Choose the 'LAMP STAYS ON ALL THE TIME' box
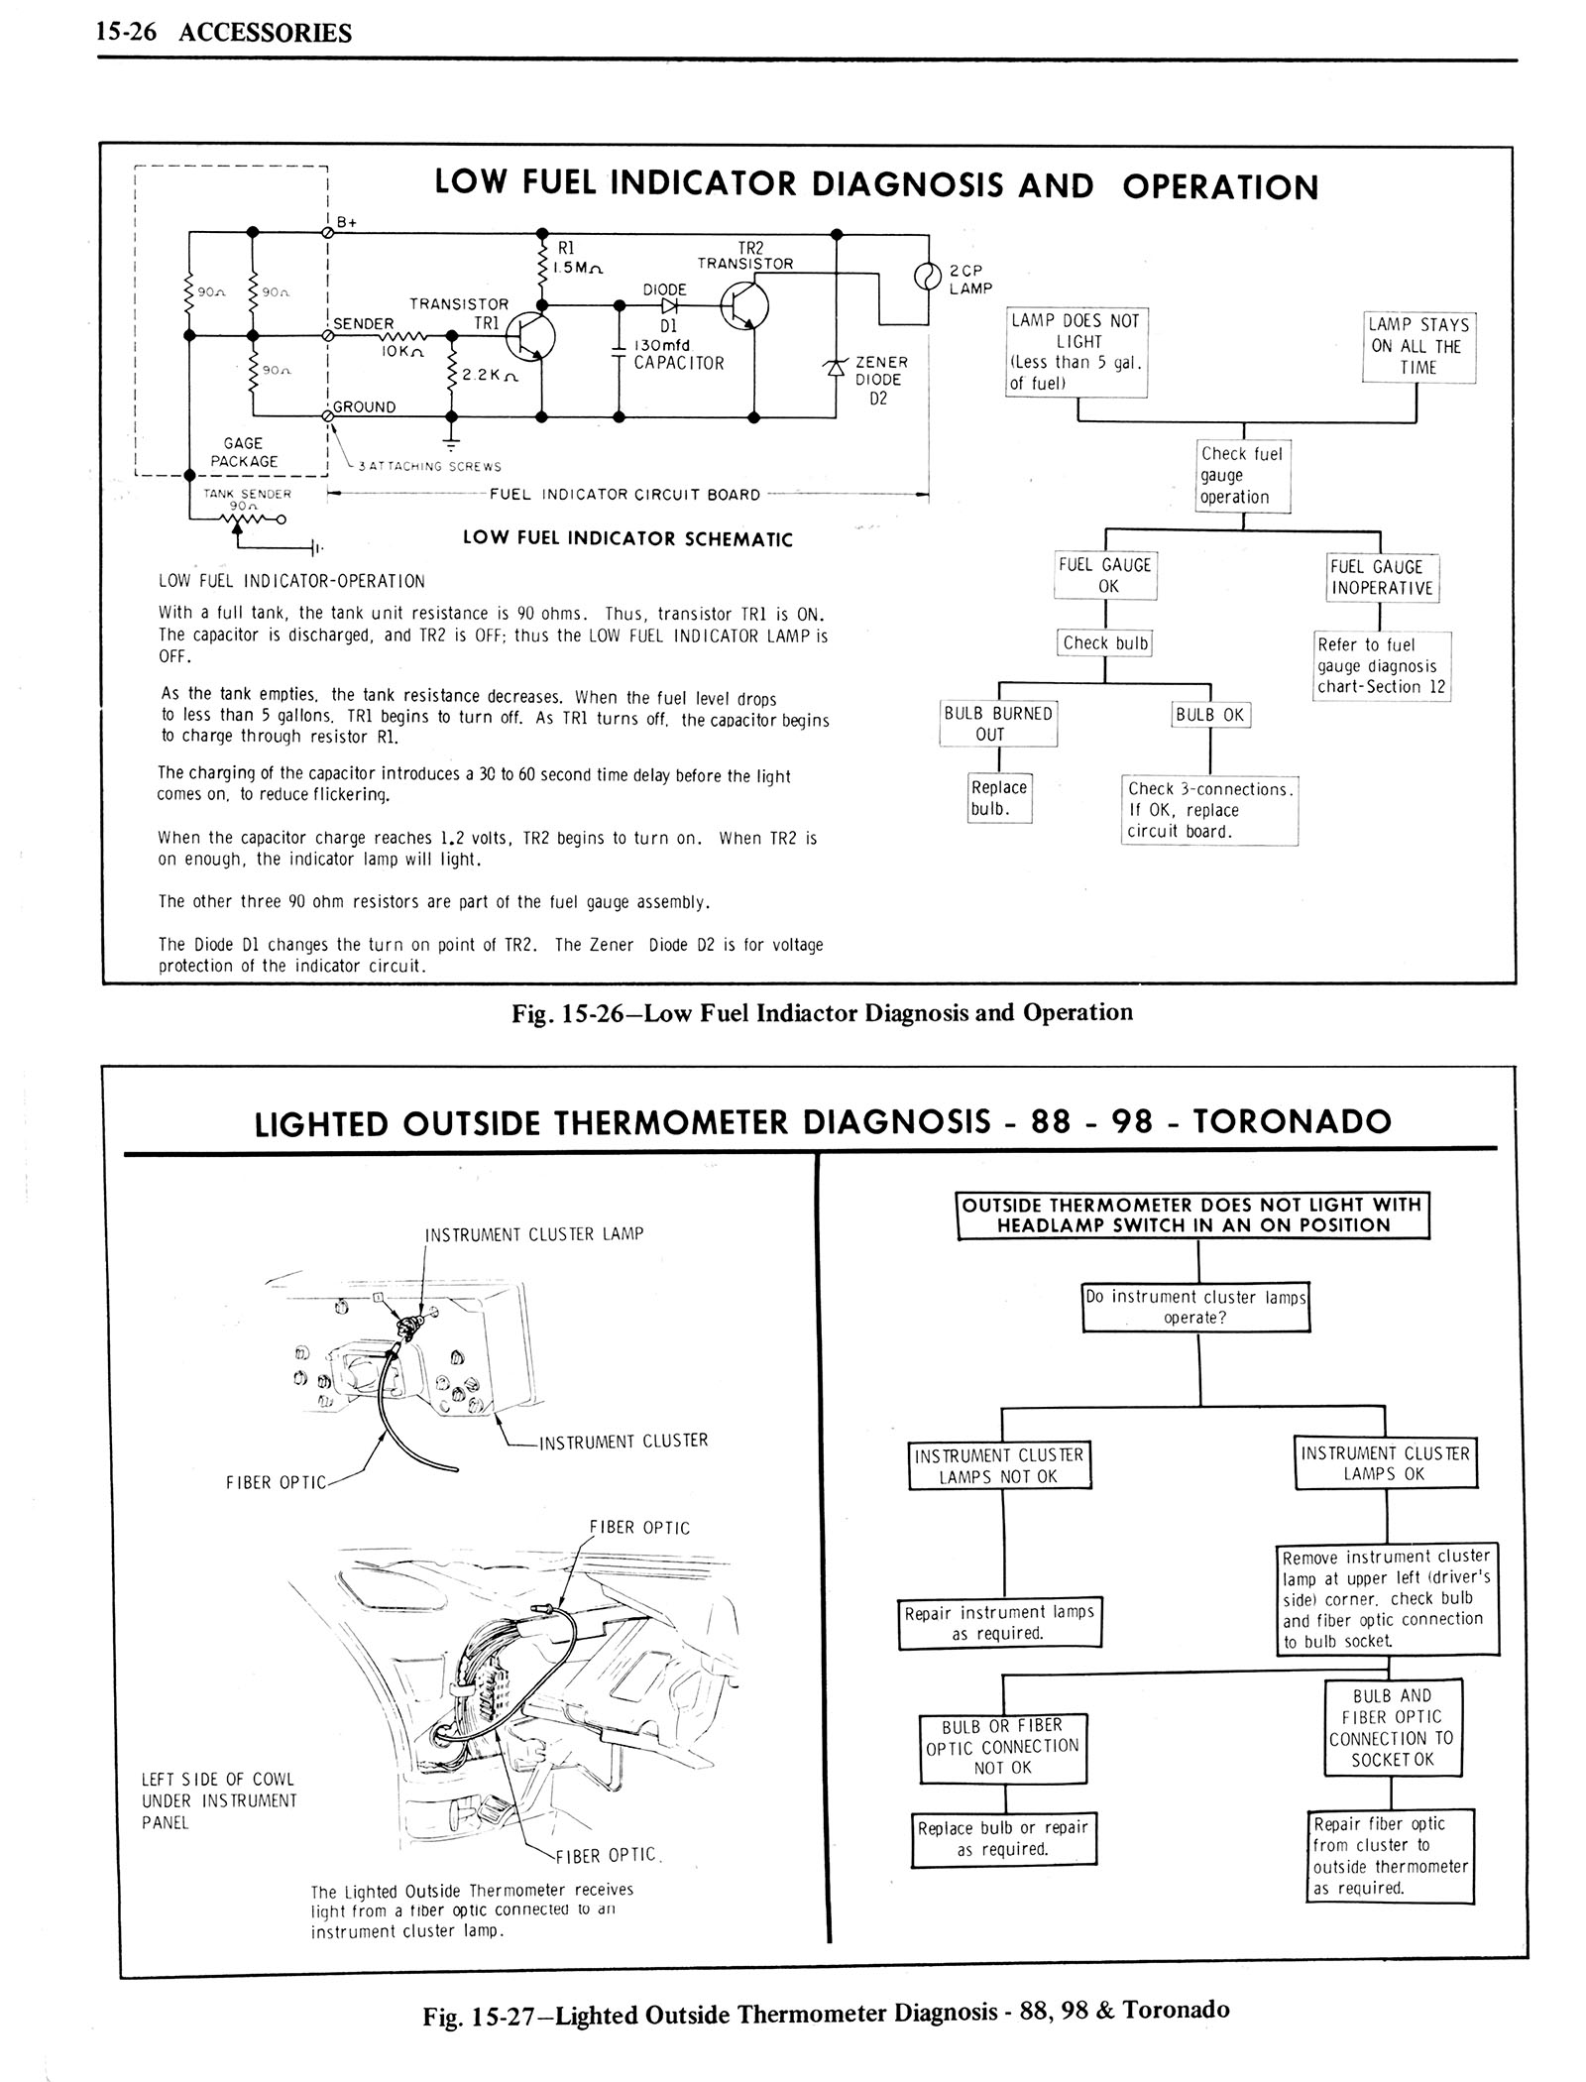coord(1418,346)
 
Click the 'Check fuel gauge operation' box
coord(1243,475)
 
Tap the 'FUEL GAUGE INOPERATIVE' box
coord(1382,577)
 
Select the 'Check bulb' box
coord(1105,643)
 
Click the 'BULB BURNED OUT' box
coord(998,724)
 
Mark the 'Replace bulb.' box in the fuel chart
coord(999,798)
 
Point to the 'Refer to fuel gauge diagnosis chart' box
coord(1381,665)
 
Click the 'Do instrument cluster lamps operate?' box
coord(1195,1307)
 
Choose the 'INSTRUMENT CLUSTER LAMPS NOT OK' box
coord(999,1466)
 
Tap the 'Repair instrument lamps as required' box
coord(999,1622)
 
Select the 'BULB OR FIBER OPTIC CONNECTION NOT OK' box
coord(1002,1746)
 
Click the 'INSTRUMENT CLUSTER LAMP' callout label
coord(534,1234)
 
